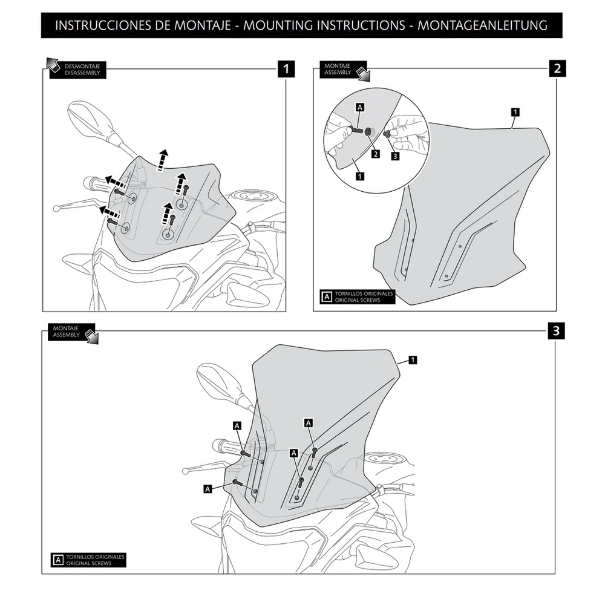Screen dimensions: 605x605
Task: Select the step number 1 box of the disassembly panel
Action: click(x=286, y=68)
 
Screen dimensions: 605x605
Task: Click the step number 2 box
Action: click(x=557, y=68)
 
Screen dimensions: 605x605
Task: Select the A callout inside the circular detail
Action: click(x=360, y=108)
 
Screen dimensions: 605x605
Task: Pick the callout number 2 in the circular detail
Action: click(x=375, y=154)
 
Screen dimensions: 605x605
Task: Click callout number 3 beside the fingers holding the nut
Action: click(x=396, y=155)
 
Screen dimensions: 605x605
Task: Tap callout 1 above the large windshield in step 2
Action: click(x=514, y=112)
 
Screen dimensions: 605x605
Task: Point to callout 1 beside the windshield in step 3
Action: click(x=412, y=360)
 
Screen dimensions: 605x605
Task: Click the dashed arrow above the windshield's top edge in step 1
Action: click(x=162, y=159)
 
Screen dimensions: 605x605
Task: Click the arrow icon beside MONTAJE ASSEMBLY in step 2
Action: click(x=364, y=74)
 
